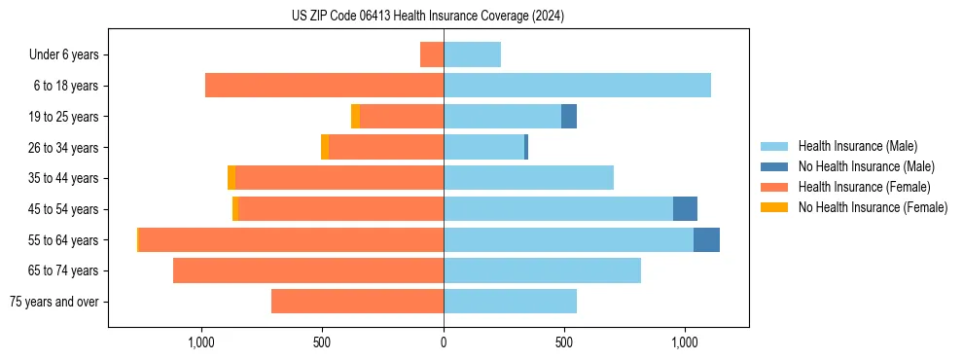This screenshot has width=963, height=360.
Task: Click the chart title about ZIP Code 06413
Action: click(428, 17)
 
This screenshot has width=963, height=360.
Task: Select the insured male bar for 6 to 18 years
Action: click(577, 86)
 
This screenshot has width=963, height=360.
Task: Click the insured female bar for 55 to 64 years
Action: click(291, 239)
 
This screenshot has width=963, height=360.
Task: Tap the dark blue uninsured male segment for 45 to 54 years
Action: click(685, 208)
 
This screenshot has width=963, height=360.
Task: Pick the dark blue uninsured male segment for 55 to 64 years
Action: click(706, 239)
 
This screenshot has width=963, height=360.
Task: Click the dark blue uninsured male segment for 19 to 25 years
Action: click(569, 117)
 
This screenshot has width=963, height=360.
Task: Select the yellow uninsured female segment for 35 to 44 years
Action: click(232, 178)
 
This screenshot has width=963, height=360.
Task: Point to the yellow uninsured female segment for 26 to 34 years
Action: click(325, 147)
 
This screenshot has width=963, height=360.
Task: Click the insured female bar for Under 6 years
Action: click(432, 54)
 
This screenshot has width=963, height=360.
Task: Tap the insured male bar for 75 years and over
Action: click(510, 302)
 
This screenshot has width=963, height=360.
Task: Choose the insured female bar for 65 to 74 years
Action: click(308, 270)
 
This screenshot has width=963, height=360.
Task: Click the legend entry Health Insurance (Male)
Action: click(857, 146)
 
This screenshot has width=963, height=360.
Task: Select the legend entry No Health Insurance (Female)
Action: click(873, 207)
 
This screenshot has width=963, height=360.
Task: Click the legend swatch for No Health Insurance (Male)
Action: click(774, 166)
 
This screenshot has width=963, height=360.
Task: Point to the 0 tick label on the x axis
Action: click(444, 342)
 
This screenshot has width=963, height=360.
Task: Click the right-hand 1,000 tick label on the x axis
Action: click(685, 342)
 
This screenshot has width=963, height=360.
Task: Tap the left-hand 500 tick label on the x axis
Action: click(323, 342)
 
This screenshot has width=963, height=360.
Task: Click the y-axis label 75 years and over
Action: click(53, 302)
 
